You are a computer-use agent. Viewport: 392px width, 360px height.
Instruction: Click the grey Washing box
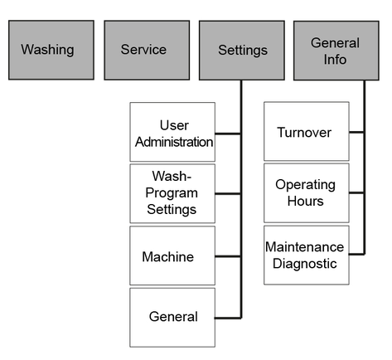51,50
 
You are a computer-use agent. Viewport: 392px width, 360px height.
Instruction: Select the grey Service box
147,50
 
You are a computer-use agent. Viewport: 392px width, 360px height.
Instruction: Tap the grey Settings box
242,51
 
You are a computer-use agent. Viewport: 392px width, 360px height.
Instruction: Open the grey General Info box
336,51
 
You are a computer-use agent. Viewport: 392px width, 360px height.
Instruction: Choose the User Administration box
172,132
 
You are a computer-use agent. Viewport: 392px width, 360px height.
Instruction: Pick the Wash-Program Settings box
172,193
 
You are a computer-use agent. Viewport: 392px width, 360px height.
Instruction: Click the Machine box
172,255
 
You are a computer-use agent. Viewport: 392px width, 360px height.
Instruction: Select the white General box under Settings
172,318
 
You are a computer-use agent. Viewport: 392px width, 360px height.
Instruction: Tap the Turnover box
307,131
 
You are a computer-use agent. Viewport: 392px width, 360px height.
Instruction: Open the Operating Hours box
307,193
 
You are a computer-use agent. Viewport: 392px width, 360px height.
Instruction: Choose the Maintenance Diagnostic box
307,255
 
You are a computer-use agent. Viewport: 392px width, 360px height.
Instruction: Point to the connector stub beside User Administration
228,134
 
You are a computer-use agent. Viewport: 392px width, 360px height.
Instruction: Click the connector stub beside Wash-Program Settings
228,194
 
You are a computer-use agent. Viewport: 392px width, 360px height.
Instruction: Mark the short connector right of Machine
228,256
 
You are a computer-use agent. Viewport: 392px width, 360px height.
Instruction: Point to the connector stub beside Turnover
356,133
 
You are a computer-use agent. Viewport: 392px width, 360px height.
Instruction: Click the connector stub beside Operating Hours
356,192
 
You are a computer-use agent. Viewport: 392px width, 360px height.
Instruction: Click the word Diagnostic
305,264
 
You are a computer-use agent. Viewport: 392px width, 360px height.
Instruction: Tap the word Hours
305,201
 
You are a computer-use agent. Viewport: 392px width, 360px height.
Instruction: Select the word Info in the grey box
335,60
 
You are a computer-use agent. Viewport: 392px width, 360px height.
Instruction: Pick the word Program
172,193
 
